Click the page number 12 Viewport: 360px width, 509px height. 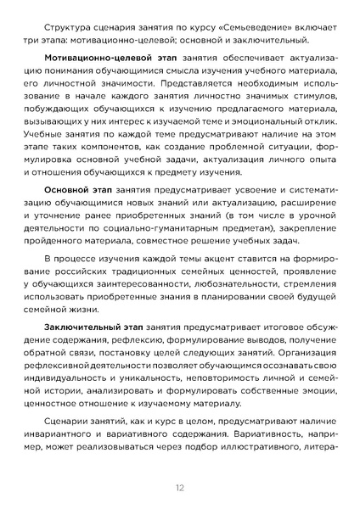click(x=180, y=487)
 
